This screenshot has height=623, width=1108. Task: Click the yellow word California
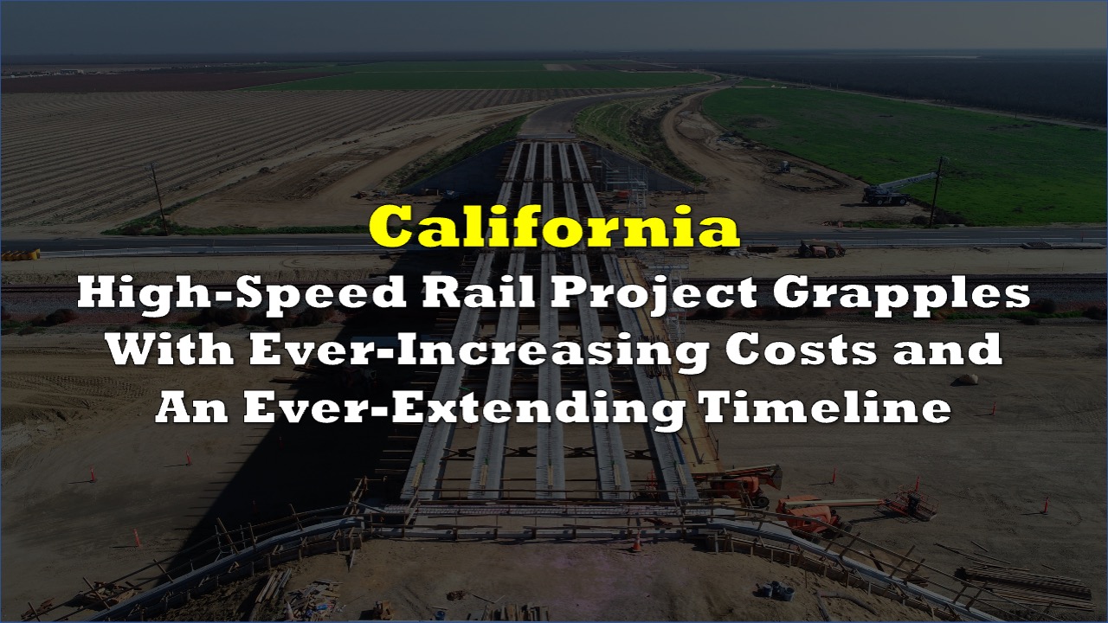point(554,228)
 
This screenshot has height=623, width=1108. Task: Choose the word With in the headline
point(171,350)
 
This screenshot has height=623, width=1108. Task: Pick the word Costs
point(802,350)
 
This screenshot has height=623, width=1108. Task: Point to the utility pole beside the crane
point(937,192)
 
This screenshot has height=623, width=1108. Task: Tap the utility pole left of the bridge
point(158,199)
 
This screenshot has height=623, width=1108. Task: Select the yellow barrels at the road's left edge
point(21,254)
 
